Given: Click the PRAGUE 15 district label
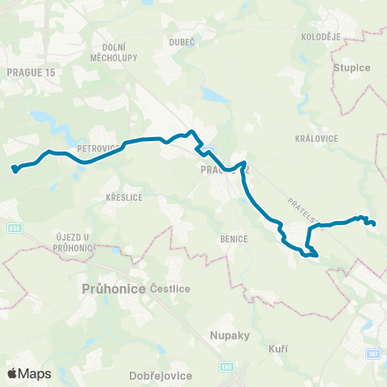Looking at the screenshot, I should pos(30,73).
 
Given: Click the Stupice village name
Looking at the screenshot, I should pos(351,68).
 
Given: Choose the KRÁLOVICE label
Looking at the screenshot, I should pos(316,139).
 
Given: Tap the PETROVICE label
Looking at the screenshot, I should pos(99,148).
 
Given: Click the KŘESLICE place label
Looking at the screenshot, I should pos(124,197).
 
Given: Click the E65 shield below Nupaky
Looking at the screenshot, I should pos(229,365).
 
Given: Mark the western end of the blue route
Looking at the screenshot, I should pos(14,169).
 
